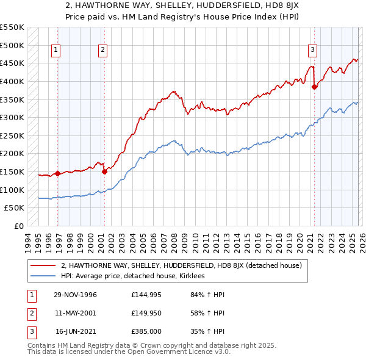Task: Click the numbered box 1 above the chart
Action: coord(56,50)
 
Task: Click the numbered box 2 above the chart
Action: coord(102,50)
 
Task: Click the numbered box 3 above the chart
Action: coord(312,50)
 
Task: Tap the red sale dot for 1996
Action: coord(58,173)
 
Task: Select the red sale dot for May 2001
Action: coord(104,171)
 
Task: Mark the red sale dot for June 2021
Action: coord(315,87)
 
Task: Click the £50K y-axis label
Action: coord(15,208)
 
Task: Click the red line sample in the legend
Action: coord(43,266)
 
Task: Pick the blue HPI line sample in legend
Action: coord(43,276)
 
